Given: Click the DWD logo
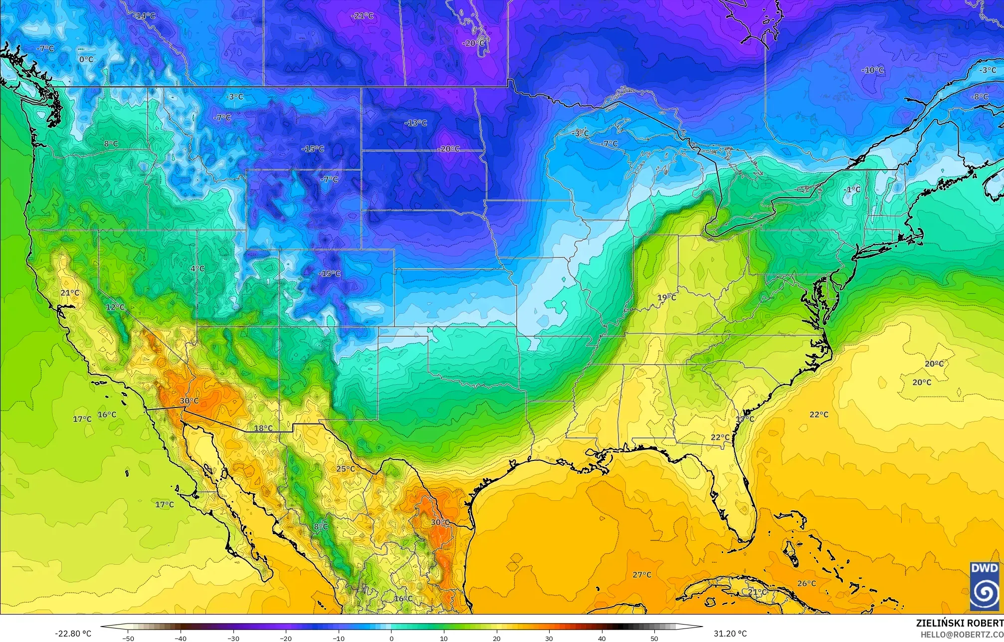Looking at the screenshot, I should point(985,587).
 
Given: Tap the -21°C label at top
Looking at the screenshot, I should point(362,15).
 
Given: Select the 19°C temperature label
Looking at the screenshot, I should point(666,298).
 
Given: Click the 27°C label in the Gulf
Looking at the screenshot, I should point(642,575).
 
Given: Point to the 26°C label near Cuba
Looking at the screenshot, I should point(806,584).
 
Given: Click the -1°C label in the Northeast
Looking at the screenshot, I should point(852,190).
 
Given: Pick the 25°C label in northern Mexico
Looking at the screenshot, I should point(345,469).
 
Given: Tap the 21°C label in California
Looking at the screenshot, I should point(70,293).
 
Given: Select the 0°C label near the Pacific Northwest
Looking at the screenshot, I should point(86,59).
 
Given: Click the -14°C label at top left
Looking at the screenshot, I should point(145,16).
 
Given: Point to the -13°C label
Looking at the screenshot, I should point(415,123).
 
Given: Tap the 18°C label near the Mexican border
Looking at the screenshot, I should point(263,428).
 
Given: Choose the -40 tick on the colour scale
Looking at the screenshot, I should point(181,638).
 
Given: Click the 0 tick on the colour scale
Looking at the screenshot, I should point(392,638).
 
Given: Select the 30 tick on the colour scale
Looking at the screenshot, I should point(549,638).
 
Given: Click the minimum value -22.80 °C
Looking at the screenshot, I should point(73,634).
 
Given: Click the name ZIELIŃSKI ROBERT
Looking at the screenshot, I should point(960,623).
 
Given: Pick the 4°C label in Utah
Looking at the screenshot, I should point(198,269).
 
